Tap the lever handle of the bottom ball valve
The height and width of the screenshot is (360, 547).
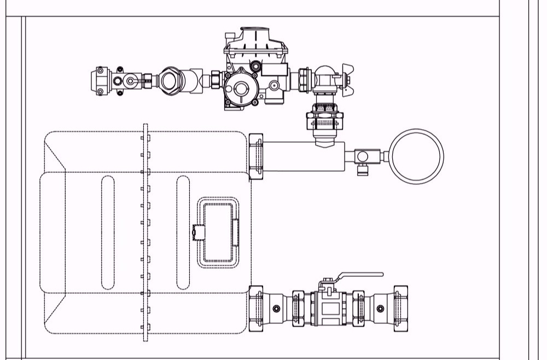(361, 275)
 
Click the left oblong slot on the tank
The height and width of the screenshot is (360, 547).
(108, 232)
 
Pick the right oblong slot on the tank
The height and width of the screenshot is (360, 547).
(183, 232)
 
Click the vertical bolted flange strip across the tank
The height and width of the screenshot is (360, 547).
(146, 232)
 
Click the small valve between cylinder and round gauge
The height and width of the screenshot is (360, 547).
(362, 156)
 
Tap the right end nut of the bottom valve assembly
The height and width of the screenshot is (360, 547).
(399, 308)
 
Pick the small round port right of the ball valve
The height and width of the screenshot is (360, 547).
(380, 308)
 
